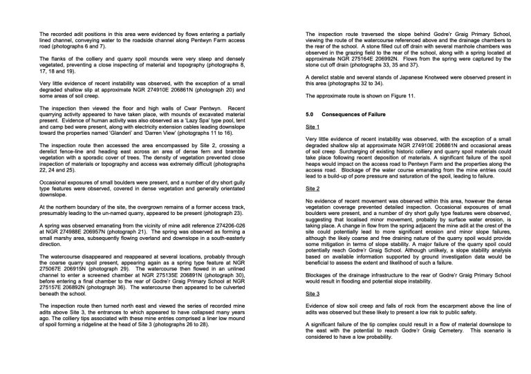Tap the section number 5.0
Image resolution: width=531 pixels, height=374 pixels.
click(310, 113)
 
